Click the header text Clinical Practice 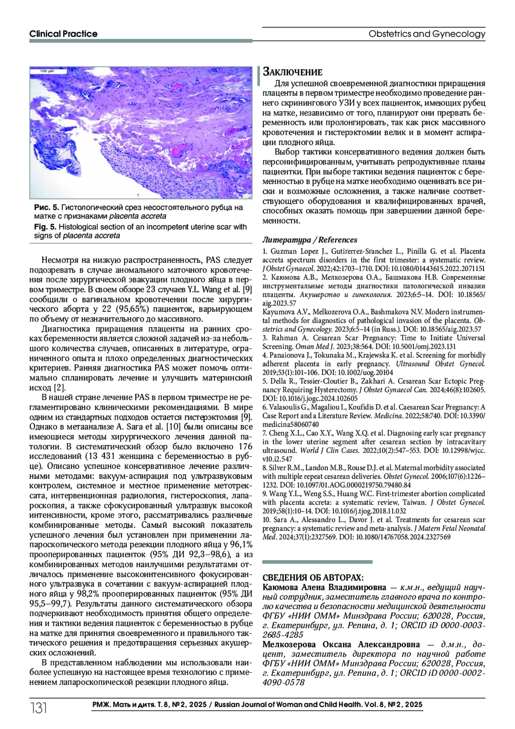63,34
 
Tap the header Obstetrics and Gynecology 427,34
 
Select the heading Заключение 292,71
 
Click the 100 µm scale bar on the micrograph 43,71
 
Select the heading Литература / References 309,240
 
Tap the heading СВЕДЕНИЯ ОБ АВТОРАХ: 313,577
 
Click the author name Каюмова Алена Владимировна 324,587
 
